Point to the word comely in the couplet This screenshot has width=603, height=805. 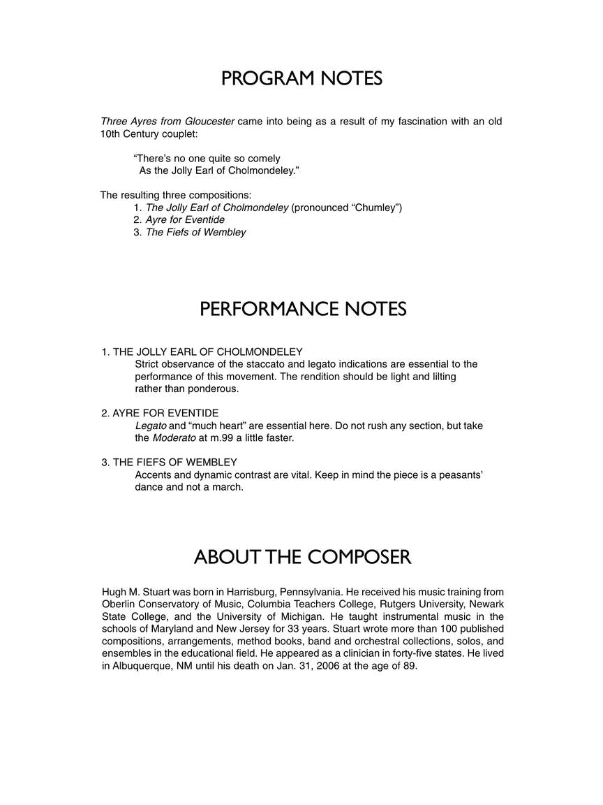(x=263, y=159)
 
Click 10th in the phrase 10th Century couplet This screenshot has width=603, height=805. (x=112, y=133)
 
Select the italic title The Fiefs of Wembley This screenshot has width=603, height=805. (x=195, y=232)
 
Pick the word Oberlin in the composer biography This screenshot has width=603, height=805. (x=119, y=604)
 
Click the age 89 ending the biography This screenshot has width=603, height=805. (x=408, y=665)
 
